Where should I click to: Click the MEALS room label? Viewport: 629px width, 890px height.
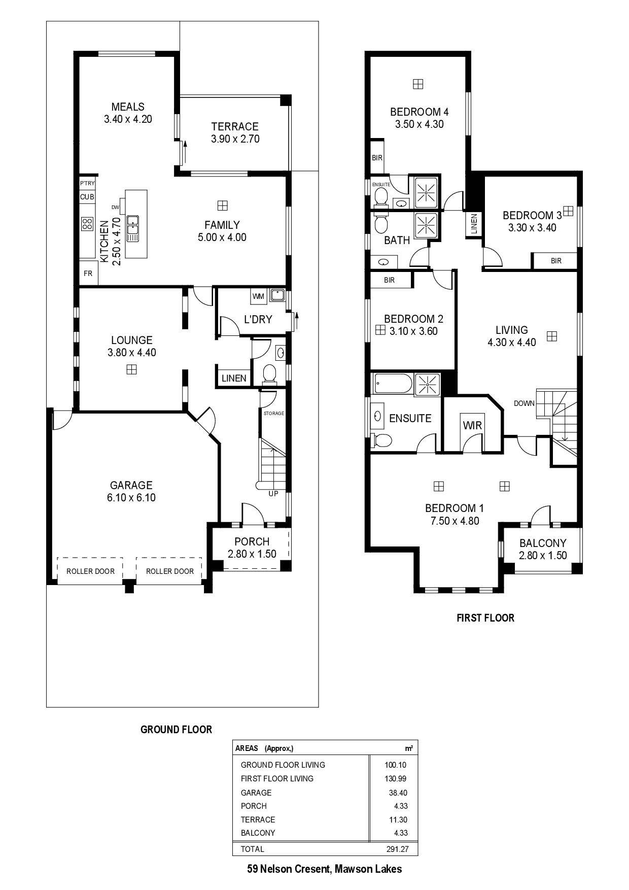pyautogui.click(x=128, y=107)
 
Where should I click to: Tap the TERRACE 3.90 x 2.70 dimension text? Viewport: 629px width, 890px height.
pyautogui.click(x=235, y=139)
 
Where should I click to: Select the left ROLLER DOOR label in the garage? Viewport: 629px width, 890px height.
pyautogui.click(x=90, y=571)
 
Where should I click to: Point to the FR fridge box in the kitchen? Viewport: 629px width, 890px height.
pyautogui.click(x=88, y=273)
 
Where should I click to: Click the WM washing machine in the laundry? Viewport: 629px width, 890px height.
pyautogui.click(x=258, y=296)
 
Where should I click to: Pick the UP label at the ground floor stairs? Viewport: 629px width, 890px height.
pyautogui.click(x=273, y=494)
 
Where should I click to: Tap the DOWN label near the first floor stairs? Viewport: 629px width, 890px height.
pyautogui.click(x=524, y=403)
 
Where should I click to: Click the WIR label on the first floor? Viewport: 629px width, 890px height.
pyautogui.click(x=472, y=425)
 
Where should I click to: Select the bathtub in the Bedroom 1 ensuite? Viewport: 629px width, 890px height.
pyautogui.click(x=393, y=384)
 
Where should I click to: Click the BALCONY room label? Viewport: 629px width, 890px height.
pyautogui.click(x=543, y=543)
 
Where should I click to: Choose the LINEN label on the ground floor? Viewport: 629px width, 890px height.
pyautogui.click(x=234, y=379)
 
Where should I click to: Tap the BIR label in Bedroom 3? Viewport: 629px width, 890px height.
pyautogui.click(x=556, y=261)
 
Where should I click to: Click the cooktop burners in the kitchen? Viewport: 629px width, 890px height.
pyautogui.click(x=87, y=224)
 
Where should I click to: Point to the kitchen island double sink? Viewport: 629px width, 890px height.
pyautogui.click(x=133, y=229)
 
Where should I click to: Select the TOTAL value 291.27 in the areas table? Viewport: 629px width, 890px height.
pyautogui.click(x=397, y=849)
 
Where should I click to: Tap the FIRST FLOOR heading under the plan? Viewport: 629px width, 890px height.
pyautogui.click(x=485, y=618)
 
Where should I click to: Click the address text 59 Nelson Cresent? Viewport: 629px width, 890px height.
pyautogui.click(x=290, y=869)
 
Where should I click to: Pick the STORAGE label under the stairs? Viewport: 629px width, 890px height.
pyautogui.click(x=274, y=414)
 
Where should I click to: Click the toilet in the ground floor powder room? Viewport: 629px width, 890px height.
pyautogui.click(x=269, y=374)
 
